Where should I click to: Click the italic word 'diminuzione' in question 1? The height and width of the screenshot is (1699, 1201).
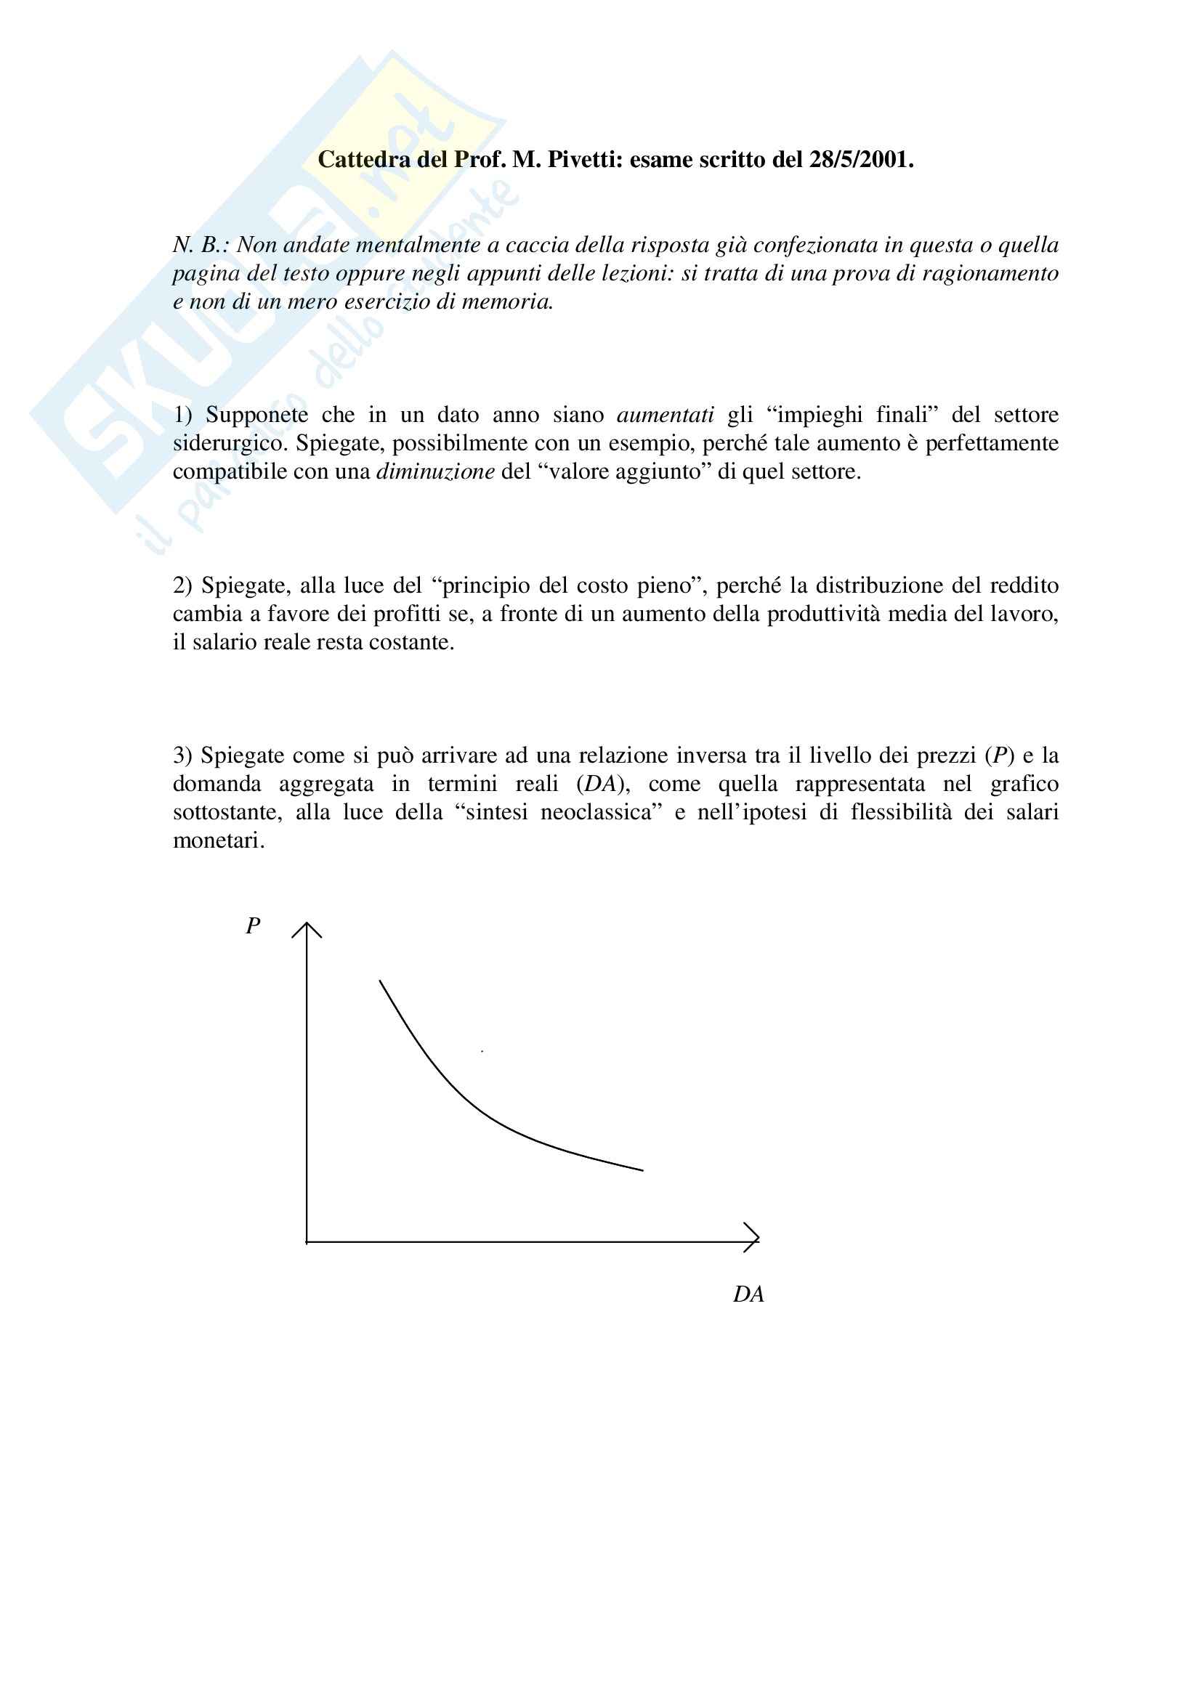click(435, 471)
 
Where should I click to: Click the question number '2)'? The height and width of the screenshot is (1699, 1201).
click(183, 585)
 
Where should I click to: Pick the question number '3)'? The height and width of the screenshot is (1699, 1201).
click(183, 755)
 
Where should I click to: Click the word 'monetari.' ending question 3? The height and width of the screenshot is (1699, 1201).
click(218, 840)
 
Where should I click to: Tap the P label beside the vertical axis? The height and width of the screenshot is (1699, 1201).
click(253, 925)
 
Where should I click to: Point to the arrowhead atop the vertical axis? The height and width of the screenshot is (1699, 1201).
click(307, 930)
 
